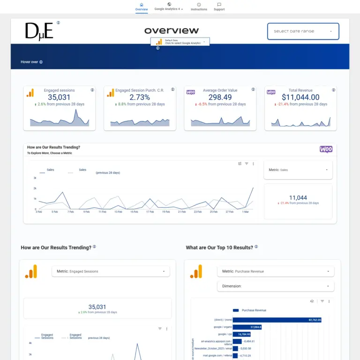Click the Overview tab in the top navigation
click(141, 7)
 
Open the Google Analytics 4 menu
click(169, 7)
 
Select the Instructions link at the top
click(199, 7)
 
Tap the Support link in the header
click(219, 7)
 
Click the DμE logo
click(39, 31)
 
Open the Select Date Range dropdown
click(303, 31)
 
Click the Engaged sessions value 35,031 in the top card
click(59, 97)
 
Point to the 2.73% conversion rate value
click(140, 97)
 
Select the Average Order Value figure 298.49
click(220, 97)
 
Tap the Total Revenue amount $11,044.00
click(300, 97)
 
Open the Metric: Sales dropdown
click(298, 170)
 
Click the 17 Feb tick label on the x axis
click(150, 212)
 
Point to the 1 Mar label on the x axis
click(246, 212)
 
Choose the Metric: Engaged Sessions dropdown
click(111, 271)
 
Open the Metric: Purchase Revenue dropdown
click(276, 271)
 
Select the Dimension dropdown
click(276, 286)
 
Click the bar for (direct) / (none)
click(277, 320)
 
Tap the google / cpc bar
click(242, 334)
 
